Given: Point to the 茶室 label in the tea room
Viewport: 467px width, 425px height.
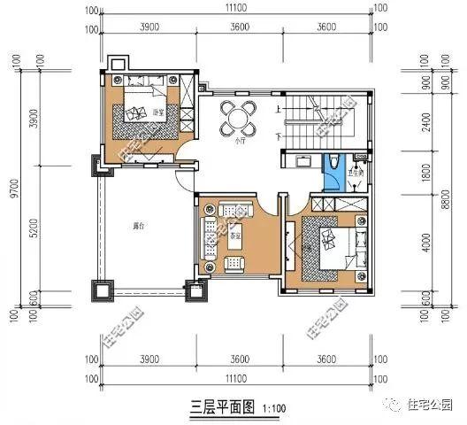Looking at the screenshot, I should point(237,237).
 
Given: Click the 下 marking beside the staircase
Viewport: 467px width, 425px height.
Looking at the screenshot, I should point(279,137).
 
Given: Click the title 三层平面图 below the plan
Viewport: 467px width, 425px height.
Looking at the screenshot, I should point(223,407).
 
